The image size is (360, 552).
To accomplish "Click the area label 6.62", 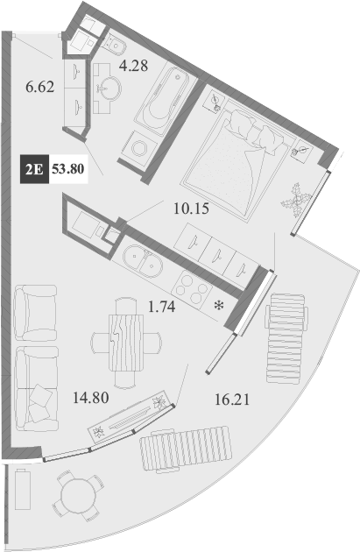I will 41,87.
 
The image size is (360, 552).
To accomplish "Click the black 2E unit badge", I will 34,169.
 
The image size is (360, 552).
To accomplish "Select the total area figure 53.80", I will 68,169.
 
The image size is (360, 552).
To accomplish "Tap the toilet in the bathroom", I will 113,42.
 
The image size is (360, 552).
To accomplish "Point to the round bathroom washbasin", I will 110,87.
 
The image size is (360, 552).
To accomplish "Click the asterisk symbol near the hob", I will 218,306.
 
